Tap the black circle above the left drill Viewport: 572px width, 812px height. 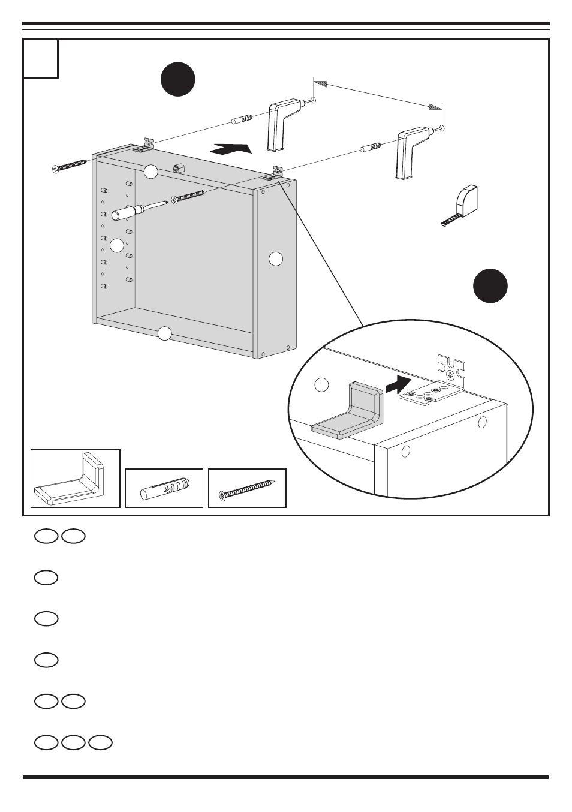178,80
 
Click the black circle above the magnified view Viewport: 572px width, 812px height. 490,285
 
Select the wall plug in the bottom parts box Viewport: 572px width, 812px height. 164,488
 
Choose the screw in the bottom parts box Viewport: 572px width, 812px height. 247,489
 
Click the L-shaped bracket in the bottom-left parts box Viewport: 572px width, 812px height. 75,479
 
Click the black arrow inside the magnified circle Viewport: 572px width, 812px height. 398,384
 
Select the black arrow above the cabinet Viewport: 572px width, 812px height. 230,148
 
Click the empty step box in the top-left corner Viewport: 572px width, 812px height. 41,59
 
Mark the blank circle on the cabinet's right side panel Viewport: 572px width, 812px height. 275,259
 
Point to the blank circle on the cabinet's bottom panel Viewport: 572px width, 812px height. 165,333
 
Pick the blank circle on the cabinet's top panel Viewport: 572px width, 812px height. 151,172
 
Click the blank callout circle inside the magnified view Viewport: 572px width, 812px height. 322,385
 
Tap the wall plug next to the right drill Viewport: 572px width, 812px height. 369,148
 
